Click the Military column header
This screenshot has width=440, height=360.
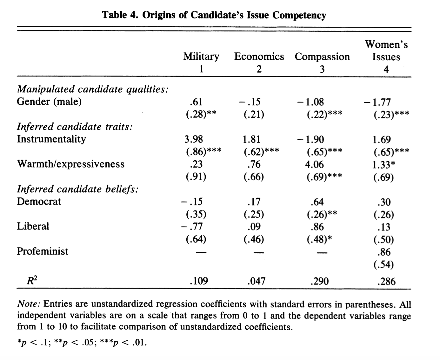click(x=201, y=57)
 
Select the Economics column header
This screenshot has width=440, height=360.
click(x=259, y=57)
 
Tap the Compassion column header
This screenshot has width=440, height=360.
click(x=322, y=57)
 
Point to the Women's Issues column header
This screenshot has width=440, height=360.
click(x=386, y=51)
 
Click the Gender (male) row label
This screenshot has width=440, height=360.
click(x=49, y=102)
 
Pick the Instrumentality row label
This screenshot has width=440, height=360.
click(x=51, y=139)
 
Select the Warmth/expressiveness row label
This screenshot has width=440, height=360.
click(x=70, y=164)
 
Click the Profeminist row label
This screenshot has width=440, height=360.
click(x=43, y=251)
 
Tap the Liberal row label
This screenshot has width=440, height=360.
click(x=33, y=226)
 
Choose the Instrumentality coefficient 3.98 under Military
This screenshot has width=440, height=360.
click(x=193, y=139)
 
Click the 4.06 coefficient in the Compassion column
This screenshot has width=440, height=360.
click(x=314, y=164)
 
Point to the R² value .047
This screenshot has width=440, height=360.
click(x=256, y=281)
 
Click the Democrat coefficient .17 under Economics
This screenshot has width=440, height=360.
click(x=254, y=202)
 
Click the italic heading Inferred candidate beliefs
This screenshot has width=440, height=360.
click(x=77, y=189)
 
